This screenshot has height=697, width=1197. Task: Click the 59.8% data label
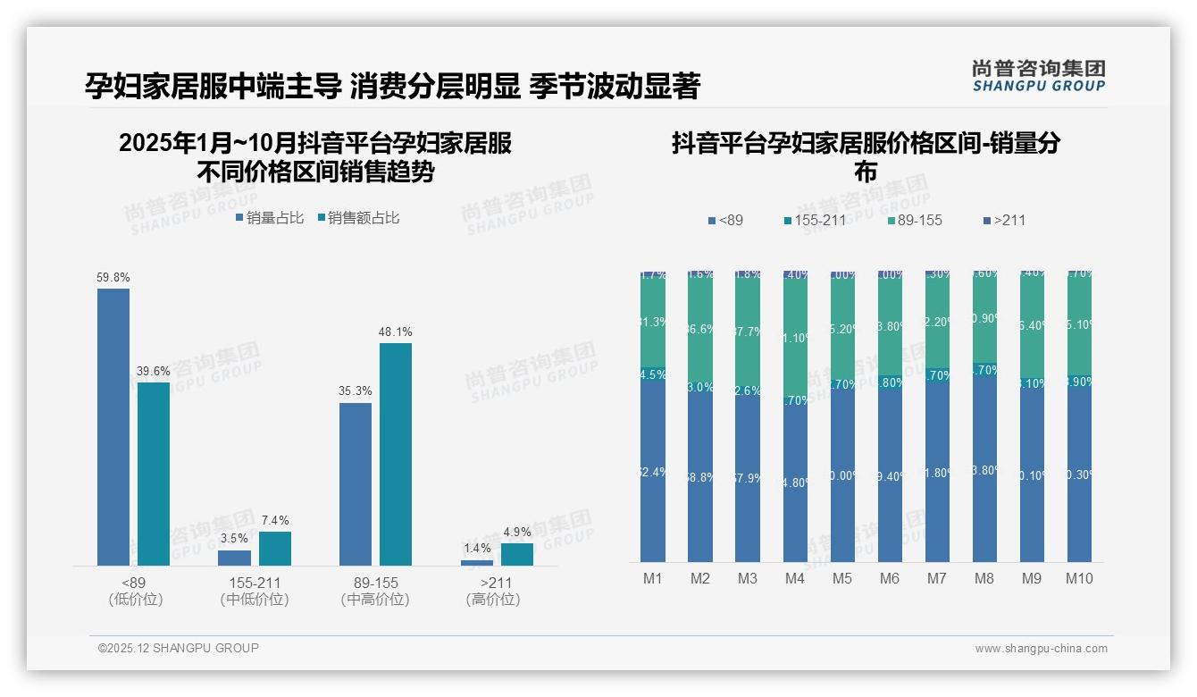coord(113,278)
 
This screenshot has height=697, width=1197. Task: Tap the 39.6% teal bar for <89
coord(153,474)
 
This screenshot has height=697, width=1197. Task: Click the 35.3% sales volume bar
coord(356,483)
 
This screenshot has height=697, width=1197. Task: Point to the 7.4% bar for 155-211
coord(275,548)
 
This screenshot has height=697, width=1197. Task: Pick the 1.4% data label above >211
coord(477,548)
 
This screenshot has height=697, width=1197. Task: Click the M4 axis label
coord(795,578)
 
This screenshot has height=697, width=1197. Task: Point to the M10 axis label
coord(1079,578)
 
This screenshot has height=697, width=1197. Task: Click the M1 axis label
coord(653,578)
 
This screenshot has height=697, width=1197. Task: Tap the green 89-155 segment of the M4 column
coord(795,338)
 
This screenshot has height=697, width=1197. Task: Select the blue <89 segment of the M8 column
coord(984,469)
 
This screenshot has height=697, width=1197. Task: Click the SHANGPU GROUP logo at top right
coord(1038,75)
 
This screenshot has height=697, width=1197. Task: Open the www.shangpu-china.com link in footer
coord(1041,649)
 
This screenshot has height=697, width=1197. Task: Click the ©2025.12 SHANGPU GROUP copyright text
coord(179,648)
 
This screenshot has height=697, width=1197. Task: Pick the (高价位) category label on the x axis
coord(493,600)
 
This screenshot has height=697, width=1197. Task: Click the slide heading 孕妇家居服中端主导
coord(213,86)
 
